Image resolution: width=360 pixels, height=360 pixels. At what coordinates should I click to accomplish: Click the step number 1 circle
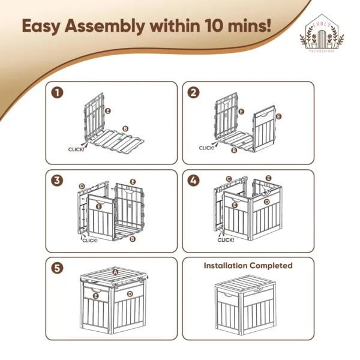(56, 93)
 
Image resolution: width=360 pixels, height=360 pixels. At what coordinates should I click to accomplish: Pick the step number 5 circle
(56, 268)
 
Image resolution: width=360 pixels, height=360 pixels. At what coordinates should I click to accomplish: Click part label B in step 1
(125, 128)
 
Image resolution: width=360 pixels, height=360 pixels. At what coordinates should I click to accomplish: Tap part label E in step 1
(107, 111)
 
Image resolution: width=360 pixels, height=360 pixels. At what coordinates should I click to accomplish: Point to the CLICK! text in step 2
(207, 147)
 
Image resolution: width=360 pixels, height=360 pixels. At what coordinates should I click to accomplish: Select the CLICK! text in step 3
(90, 240)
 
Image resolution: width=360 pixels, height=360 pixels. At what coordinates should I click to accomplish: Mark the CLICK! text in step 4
(226, 240)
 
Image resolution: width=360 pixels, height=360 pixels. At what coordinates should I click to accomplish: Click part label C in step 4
(229, 179)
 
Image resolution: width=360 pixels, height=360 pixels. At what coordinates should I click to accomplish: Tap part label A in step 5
(115, 272)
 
